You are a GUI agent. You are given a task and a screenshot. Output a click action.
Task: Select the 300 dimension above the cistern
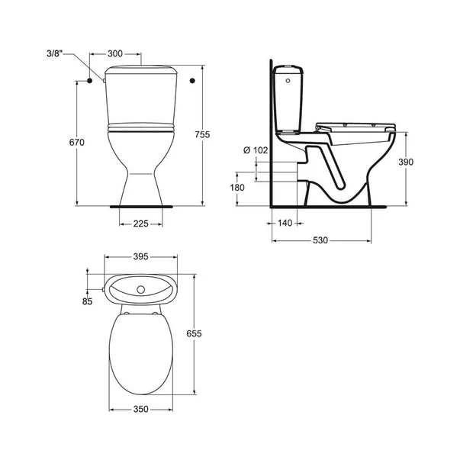click(x=115, y=54)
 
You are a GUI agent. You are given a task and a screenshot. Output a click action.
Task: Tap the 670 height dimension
click(x=65, y=143)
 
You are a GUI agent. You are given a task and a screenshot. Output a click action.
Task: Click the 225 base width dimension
click(x=141, y=224)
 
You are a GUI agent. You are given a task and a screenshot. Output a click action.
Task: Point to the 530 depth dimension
click(x=320, y=241)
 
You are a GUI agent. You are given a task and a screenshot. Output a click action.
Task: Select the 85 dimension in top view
click(x=88, y=302)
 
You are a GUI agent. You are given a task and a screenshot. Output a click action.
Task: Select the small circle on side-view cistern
click(x=285, y=79)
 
